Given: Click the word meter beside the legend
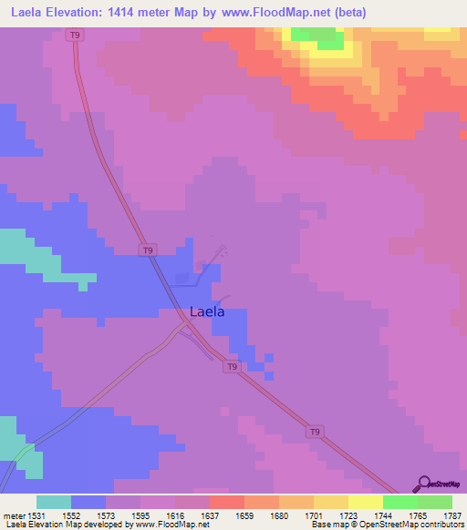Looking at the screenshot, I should [16, 515].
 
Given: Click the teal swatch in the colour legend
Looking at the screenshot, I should [54, 502].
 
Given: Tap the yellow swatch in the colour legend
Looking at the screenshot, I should [366, 502].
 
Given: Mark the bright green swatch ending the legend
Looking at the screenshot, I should [435, 502].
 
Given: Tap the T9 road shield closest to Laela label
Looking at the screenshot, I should [233, 366].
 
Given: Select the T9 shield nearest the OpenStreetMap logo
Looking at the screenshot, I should [314, 430].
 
